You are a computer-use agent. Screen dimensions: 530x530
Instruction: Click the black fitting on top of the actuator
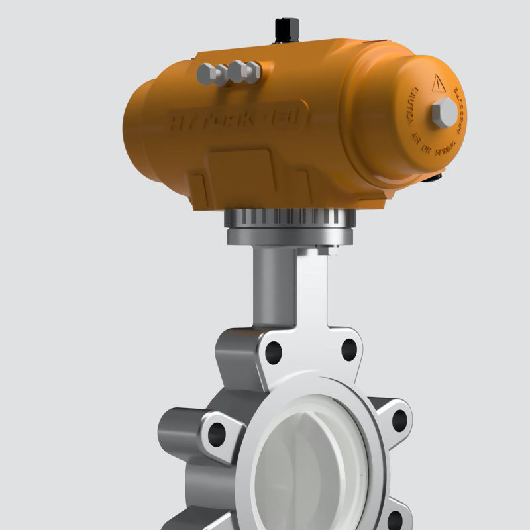pos(287,29)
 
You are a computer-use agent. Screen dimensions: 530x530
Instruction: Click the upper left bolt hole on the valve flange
pos(274,352)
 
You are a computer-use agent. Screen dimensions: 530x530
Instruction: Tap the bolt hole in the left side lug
pos(217,434)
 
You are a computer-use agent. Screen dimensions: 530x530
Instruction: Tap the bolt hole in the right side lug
pos(399,420)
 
